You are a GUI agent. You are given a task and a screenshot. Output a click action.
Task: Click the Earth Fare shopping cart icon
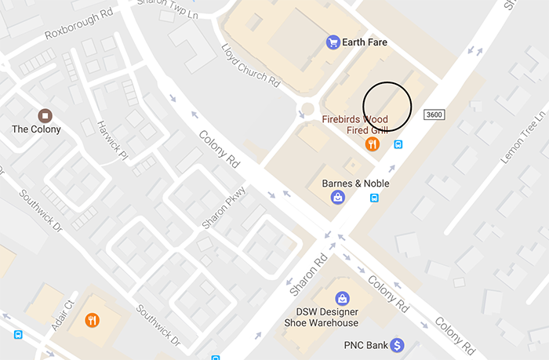click(333, 42)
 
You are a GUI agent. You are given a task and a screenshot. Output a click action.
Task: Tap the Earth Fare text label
click(366, 42)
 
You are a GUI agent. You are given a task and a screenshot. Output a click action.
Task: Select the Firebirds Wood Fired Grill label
click(355, 125)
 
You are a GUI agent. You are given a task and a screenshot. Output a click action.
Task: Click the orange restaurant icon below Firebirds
click(373, 144)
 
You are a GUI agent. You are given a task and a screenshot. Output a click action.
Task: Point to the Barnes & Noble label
click(356, 184)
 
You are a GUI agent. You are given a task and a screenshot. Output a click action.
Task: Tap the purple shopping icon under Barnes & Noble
click(336, 198)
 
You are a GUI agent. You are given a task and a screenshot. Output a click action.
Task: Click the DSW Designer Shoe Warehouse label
click(343, 318)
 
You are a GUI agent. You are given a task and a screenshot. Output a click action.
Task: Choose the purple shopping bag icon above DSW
click(343, 298)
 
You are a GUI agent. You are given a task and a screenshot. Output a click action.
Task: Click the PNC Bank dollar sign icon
click(397, 345)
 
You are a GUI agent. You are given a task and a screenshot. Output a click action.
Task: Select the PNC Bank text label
click(366, 345)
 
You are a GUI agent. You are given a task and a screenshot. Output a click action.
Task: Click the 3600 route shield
click(434, 115)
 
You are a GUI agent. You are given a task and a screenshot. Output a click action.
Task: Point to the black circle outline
click(387, 105)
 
